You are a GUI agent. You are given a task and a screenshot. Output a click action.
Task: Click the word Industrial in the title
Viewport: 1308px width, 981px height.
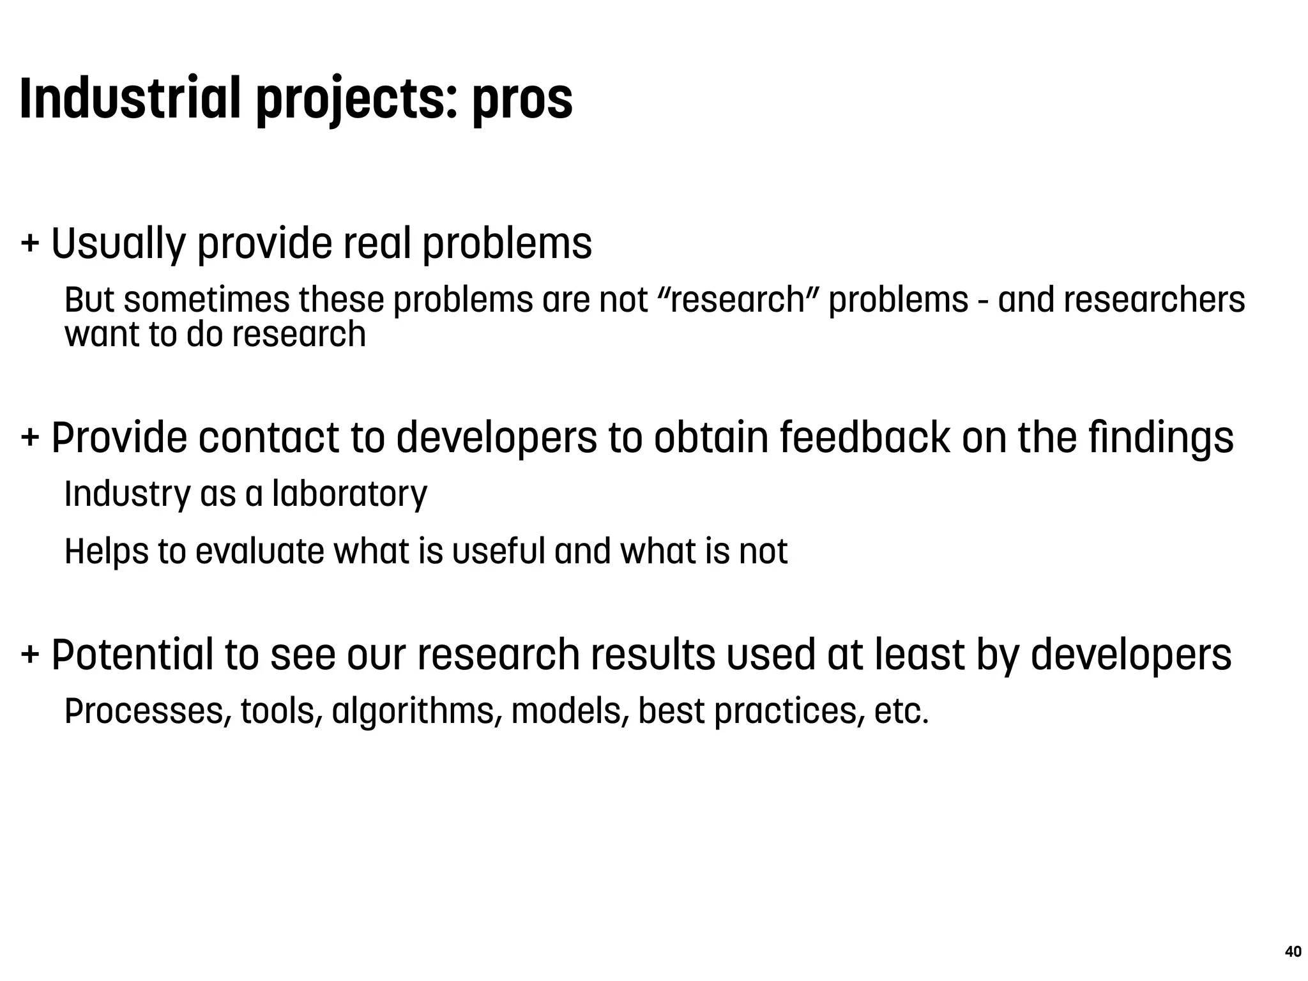(x=130, y=98)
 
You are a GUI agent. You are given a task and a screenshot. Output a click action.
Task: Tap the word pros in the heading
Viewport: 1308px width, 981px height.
(x=522, y=101)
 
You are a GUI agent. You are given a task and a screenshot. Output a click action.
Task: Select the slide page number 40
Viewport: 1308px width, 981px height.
(x=1293, y=952)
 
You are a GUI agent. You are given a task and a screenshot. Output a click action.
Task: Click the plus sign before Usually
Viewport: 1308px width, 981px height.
(x=29, y=243)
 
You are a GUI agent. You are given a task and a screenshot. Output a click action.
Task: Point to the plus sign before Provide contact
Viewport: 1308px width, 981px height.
(x=29, y=437)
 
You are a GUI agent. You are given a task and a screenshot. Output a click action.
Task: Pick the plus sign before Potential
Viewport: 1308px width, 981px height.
(x=29, y=655)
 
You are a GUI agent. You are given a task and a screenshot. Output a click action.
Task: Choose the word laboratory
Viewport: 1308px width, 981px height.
(x=349, y=494)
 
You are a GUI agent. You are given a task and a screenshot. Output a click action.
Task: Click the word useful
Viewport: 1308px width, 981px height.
(x=498, y=551)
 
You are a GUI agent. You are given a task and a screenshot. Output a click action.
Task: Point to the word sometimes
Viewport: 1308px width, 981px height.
(x=207, y=300)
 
